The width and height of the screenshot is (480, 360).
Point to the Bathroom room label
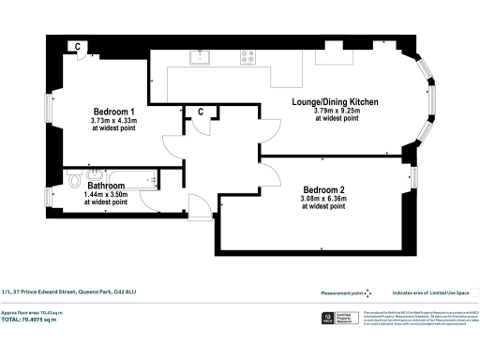[x=107, y=186]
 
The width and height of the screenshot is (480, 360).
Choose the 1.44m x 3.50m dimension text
[x=107, y=195]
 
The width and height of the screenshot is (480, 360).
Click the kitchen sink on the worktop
[x=200, y=56]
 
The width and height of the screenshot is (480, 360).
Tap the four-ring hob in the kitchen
[x=249, y=56]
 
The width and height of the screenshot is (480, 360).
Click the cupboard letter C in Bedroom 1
[x=77, y=46]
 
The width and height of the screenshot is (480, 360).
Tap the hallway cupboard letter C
[x=200, y=112]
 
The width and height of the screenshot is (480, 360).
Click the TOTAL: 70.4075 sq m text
[x=42, y=320]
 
